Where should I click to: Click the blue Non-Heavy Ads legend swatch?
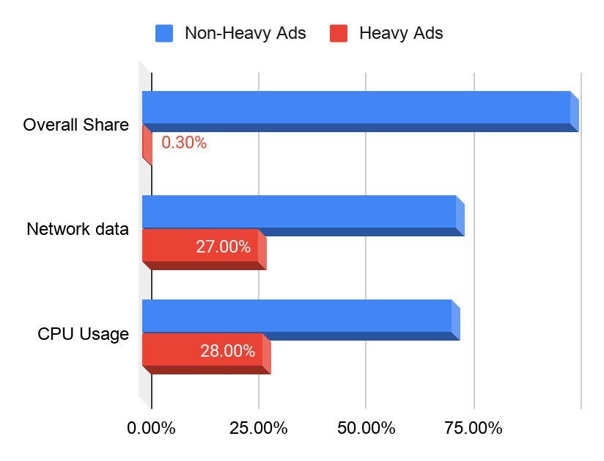pos(164,33)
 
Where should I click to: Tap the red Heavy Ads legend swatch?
pos(338,33)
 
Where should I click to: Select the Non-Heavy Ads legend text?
pos(245,33)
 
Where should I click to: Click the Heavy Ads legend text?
pos(401,33)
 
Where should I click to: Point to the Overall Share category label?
pos(76,125)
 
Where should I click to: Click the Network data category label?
pos(78,229)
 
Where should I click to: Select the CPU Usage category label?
pos(84,335)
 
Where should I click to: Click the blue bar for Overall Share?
pos(356,108)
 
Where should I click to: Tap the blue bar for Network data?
pos(299,212)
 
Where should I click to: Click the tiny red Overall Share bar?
pos(147,144)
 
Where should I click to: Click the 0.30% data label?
pos(184,143)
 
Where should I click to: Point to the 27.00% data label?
pos(223,247)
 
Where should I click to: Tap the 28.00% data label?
pos(227,351)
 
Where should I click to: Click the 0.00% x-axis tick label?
pos(151,428)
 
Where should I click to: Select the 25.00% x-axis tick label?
pos(258,428)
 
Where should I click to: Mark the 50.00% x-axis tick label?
pos(366,428)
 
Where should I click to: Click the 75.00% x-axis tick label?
pos(474,428)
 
